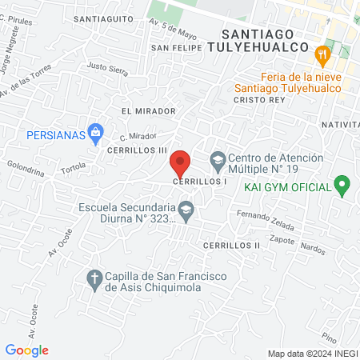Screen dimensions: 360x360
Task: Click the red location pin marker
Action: pyautogui.click(x=181, y=164)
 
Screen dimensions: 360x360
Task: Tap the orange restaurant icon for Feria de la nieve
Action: pyautogui.click(x=323, y=54)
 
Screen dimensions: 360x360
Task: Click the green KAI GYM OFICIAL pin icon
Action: pyautogui.click(x=343, y=186)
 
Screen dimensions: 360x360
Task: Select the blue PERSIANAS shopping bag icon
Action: pyautogui.click(x=96, y=130)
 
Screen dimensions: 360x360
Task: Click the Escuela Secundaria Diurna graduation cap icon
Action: pyautogui.click(x=186, y=210)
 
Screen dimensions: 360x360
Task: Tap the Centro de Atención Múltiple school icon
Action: pyautogui.click(x=218, y=159)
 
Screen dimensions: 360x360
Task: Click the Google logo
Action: pyautogui.click(x=27, y=350)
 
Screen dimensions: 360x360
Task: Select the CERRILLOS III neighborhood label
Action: pyautogui.click(x=138, y=150)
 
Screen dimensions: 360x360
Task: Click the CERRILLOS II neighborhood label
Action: pyautogui.click(x=231, y=245)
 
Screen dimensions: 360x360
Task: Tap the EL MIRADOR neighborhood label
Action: pyautogui.click(x=143, y=110)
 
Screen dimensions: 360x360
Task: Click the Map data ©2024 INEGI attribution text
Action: pyautogui.click(x=311, y=354)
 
